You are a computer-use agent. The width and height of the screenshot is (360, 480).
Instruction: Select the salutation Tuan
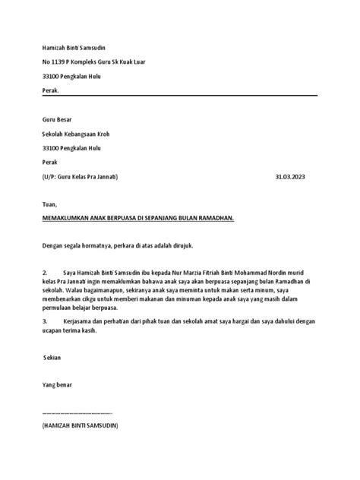[49, 204]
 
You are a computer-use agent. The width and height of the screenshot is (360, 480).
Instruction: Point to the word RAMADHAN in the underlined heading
[213, 217]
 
